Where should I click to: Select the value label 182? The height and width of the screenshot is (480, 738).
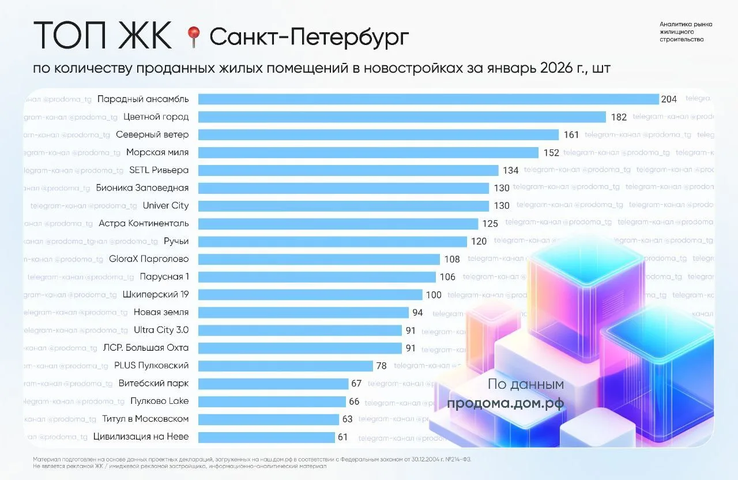pos(619,117)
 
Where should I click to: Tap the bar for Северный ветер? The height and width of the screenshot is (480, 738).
pos(378,135)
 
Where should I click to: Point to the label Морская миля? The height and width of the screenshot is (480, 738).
pos(157,153)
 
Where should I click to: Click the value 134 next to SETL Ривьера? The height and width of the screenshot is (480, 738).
pos(510,171)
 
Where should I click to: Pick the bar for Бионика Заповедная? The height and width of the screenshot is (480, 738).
pos(344,188)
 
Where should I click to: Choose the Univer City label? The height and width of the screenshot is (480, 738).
pos(165,206)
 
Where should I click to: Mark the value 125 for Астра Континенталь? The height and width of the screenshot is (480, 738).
pos(490,224)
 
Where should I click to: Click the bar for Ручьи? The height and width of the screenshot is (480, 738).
pos(332,242)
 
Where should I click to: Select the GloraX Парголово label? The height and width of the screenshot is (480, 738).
pos(149,259)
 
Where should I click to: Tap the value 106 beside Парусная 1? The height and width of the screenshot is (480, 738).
pos(447,277)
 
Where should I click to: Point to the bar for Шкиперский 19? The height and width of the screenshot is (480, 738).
pos(310,295)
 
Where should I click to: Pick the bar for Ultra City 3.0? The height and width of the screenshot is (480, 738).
pos(299,331)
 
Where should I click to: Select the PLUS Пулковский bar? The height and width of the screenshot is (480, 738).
pos(285,366)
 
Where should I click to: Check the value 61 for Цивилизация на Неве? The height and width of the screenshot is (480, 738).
pos(342,437)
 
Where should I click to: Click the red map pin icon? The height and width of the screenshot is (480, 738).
pos(193,37)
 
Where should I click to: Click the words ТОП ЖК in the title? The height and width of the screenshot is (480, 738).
pos(102,36)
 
